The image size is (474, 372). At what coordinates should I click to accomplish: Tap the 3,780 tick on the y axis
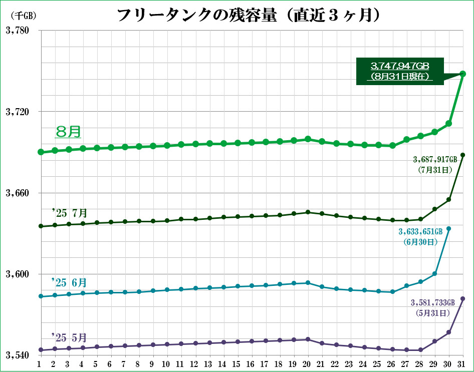[18, 31]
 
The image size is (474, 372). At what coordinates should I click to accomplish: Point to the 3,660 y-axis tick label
[18, 193]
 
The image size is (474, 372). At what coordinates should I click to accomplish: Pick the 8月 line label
[68, 132]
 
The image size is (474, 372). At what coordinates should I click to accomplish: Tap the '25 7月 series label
[69, 213]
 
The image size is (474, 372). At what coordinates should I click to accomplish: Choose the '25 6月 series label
[69, 283]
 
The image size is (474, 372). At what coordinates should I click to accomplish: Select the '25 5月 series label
[69, 337]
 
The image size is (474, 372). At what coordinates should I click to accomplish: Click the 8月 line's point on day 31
[463, 74]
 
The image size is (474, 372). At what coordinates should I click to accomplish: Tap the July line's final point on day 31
[463, 155]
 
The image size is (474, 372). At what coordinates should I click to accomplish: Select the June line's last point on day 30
[449, 229]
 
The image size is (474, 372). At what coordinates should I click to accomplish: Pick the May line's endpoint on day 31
[463, 299]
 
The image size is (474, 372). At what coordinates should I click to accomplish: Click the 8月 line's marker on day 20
[308, 139]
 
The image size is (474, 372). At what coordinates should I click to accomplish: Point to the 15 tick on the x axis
[238, 364]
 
